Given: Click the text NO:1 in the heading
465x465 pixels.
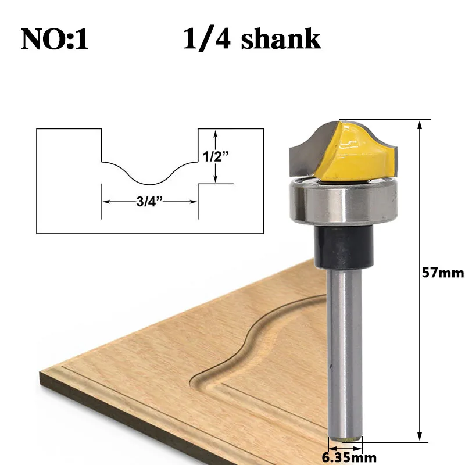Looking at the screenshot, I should [55, 39].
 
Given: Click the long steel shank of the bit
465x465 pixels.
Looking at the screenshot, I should [345, 349].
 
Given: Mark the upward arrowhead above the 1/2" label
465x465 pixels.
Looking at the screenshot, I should [216, 133].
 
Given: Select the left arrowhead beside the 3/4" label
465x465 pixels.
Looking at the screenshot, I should [106, 202].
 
